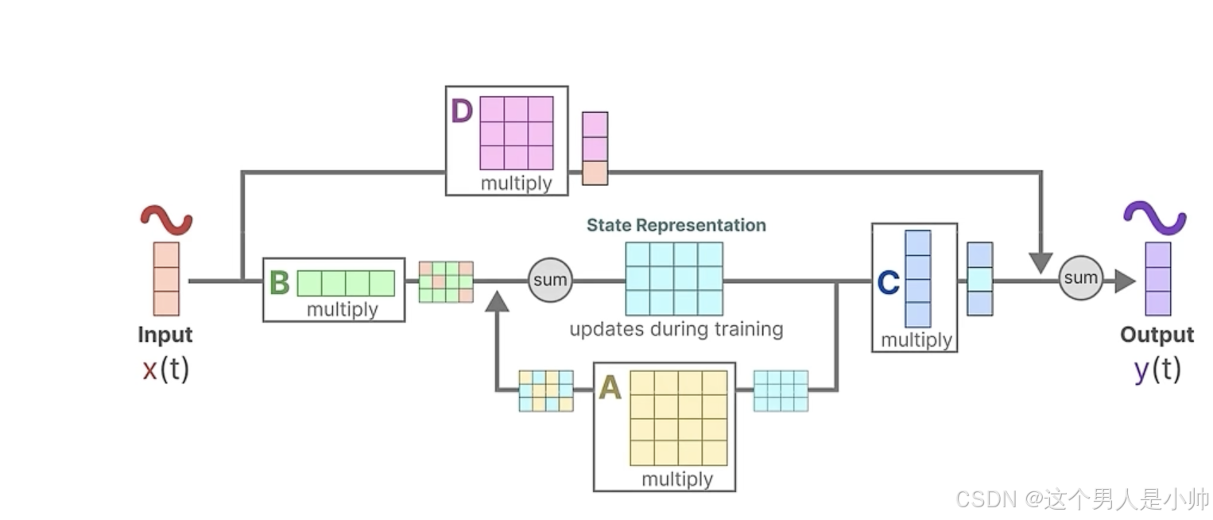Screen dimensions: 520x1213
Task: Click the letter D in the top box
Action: pyautogui.click(x=462, y=111)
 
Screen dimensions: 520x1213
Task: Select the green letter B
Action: pyautogui.click(x=279, y=283)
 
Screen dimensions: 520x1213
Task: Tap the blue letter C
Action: pyautogui.click(x=888, y=282)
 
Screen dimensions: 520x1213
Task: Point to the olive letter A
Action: pyautogui.click(x=610, y=388)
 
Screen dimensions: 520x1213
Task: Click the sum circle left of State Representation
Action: pyautogui.click(x=550, y=280)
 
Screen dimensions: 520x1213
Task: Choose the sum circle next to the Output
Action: pyautogui.click(x=1080, y=278)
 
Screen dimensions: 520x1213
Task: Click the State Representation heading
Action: pyautogui.click(x=676, y=225)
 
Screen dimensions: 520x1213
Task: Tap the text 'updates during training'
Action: pyautogui.click(x=676, y=328)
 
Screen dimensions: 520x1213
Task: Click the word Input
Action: pyautogui.click(x=165, y=335)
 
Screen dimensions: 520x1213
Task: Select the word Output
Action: pyautogui.click(x=1157, y=335)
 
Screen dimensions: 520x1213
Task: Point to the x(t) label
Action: pyautogui.click(x=165, y=370)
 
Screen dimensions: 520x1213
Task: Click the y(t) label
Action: pyautogui.click(x=1157, y=370)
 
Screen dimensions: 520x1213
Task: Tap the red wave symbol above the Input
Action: pyautogui.click(x=166, y=220)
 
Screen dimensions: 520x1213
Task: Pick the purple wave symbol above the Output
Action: pyautogui.click(x=1154, y=217)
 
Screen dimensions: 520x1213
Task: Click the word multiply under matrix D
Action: pyautogui.click(x=516, y=184)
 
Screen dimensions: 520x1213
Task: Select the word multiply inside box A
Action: pyautogui.click(x=677, y=479)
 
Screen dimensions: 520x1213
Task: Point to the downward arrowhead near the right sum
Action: pyautogui.click(x=1041, y=262)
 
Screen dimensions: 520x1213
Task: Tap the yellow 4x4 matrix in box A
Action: pyautogui.click(x=679, y=417)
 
